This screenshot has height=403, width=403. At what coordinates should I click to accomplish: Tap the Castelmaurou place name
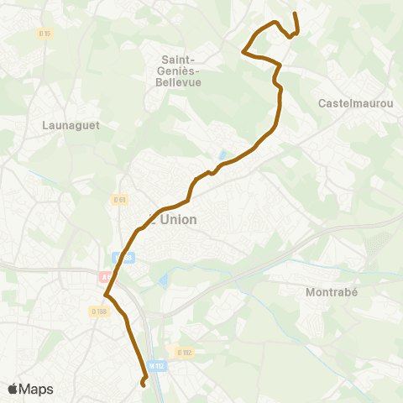click(357, 102)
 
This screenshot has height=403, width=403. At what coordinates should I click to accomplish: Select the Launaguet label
click(65, 125)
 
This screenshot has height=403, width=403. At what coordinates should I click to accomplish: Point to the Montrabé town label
click(334, 292)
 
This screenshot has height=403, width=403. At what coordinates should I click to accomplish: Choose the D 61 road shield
click(118, 199)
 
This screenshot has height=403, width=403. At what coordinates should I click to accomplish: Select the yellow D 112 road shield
click(184, 352)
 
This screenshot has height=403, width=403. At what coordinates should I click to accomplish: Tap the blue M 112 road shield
click(156, 365)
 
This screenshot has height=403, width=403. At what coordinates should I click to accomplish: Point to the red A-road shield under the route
click(106, 275)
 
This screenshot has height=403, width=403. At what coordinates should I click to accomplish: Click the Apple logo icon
click(13, 389)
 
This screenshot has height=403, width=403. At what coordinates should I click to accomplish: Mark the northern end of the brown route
click(295, 14)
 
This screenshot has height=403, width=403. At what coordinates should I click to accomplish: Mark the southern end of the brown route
click(143, 385)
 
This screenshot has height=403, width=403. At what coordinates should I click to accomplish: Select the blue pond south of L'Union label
click(163, 279)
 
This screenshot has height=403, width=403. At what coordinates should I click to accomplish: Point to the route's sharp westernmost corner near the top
click(243, 52)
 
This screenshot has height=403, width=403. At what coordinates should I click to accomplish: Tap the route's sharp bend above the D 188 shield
click(106, 295)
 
